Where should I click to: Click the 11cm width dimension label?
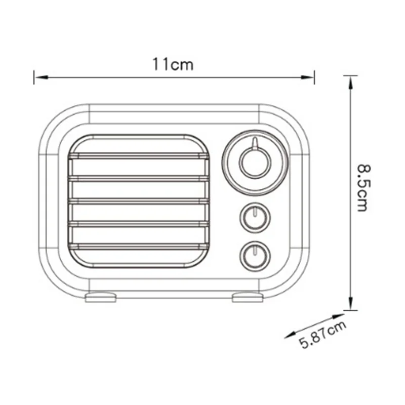173,65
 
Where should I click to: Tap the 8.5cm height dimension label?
362,187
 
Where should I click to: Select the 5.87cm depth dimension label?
323,336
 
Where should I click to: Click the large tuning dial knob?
255,163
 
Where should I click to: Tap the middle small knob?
255,217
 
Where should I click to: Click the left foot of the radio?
101,297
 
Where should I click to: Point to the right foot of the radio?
248,297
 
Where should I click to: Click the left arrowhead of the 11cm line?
39,77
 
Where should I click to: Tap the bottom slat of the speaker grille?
139,246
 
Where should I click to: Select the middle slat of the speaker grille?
139,201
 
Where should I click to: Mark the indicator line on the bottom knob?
256,249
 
